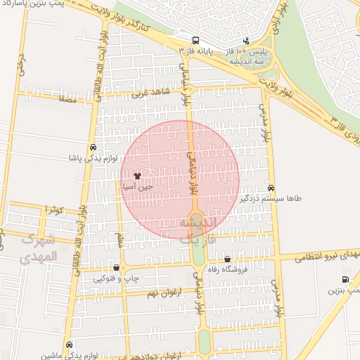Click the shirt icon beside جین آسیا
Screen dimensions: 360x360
point(136,176)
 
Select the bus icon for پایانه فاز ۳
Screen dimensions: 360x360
point(195,41)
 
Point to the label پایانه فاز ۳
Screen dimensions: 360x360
point(195,52)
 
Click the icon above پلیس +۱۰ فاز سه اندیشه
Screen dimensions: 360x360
point(245,41)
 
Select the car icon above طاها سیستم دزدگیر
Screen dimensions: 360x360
point(271,188)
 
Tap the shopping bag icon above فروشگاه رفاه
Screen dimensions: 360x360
point(226,259)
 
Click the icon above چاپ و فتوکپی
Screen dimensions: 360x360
point(117,268)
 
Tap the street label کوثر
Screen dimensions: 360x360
point(54,209)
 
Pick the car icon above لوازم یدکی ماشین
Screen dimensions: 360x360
point(69,345)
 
